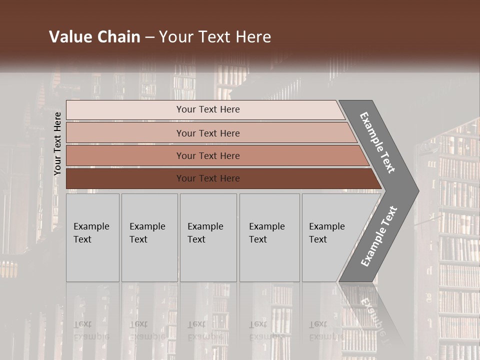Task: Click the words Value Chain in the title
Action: [94, 37]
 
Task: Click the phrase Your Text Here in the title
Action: [215, 37]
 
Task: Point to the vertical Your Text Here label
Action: [57, 143]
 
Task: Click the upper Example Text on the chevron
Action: [377, 142]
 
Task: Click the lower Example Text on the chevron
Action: [379, 236]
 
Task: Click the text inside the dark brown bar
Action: [208, 178]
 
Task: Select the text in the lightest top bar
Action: [208, 109]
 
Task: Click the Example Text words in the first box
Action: [91, 232]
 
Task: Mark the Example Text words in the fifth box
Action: [326, 232]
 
